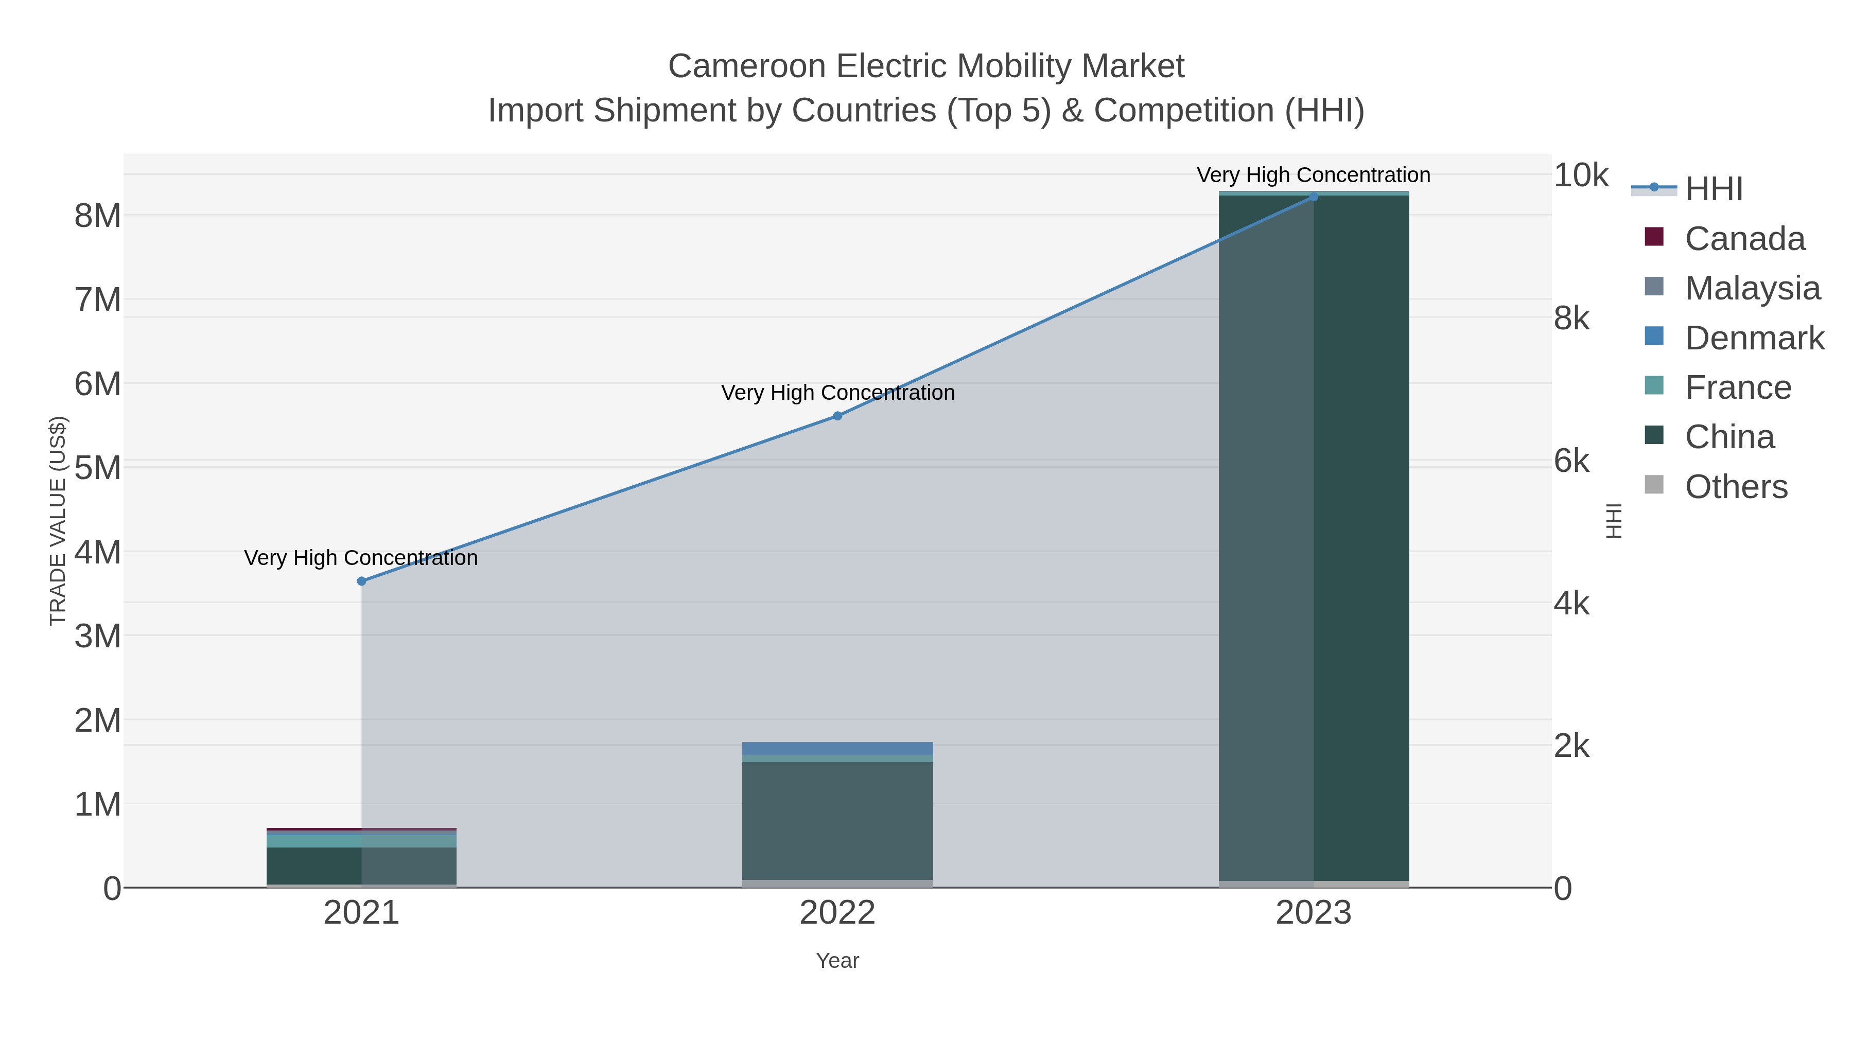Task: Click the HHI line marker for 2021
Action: coord(362,581)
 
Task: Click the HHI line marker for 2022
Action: coord(837,416)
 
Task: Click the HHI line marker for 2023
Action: coord(1314,197)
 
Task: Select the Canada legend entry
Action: coord(1744,239)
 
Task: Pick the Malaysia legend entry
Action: coord(1752,288)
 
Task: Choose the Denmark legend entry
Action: coord(1754,338)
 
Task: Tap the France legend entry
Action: coord(1738,387)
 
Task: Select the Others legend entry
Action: coord(1736,487)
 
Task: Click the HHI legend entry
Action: coord(1714,189)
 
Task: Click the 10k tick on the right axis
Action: coord(1580,175)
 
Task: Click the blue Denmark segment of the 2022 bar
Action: coord(837,749)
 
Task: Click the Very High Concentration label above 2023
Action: coord(1314,175)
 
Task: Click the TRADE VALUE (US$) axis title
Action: coord(58,521)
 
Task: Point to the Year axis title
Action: coord(837,961)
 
